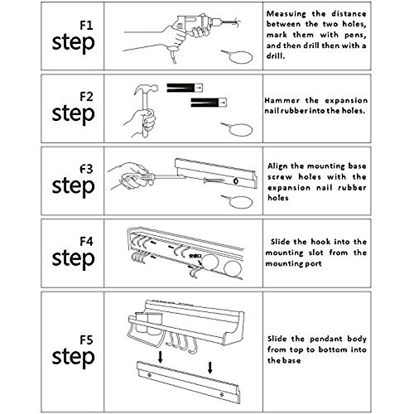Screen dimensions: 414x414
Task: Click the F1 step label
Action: [x=74, y=37]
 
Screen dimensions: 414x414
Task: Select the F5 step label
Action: [x=74, y=352]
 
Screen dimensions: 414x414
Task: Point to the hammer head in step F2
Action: [x=147, y=89]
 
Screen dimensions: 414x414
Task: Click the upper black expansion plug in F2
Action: [x=185, y=88]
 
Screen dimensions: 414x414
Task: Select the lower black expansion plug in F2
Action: [x=209, y=103]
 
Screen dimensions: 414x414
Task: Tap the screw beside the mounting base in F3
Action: [x=214, y=181]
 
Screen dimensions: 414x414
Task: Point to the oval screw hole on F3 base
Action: [x=236, y=181]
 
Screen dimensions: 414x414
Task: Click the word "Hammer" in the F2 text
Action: [x=282, y=100]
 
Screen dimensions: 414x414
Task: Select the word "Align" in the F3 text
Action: [x=278, y=166]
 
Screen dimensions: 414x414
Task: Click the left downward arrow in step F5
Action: [x=160, y=357]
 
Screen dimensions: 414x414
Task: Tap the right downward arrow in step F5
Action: [x=210, y=368]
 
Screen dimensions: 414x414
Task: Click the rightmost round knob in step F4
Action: [x=233, y=268]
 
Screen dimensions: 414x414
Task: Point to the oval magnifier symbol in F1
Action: [x=238, y=57]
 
